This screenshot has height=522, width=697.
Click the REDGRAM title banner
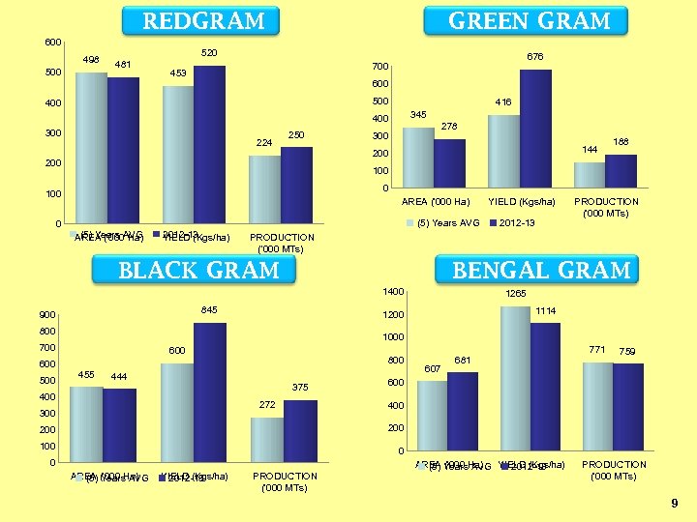tap(203, 21)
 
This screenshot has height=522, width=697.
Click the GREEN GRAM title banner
tap(529, 21)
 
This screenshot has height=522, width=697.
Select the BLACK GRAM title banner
tap(197, 271)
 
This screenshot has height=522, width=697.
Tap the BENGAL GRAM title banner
tap(541, 270)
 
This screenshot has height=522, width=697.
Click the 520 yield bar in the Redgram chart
tap(209, 145)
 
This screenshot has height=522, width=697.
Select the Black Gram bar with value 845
tap(209, 391)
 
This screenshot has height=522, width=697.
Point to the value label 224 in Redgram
tap(264, 143)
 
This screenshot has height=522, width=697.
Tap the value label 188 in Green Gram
tap(621, 141)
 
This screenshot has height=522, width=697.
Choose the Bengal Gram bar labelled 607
tap(432, 417)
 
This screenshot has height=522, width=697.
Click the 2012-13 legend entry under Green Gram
tap(514, 223)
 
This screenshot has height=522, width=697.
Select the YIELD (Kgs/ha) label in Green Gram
tap(522, 202)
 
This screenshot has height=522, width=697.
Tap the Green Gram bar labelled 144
tap(589, 175)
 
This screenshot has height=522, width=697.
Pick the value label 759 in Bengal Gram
tap(628, 351)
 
